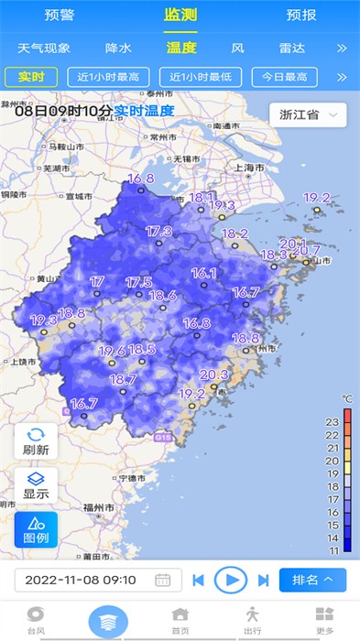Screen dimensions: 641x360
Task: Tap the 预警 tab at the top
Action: click(x=60, y=15)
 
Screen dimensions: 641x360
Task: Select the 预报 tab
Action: click(x=301, y=15)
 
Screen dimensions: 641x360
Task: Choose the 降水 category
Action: click(x=119, y=48)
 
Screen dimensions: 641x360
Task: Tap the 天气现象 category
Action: click(x=44, y=48)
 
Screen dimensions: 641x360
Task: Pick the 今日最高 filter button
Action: click(x=283, y=78)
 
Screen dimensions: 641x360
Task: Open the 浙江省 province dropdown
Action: click(x=308, y=114)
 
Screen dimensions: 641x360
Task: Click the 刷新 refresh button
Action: click(x=36, y=442)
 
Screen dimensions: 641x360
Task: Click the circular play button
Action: click(x=231, y=579)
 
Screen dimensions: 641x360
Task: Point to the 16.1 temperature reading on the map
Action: click(x=203, y=273)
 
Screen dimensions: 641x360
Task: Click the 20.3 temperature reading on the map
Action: click(x=213, y=375)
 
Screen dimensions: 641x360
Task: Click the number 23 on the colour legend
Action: click(x=333, y=421)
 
